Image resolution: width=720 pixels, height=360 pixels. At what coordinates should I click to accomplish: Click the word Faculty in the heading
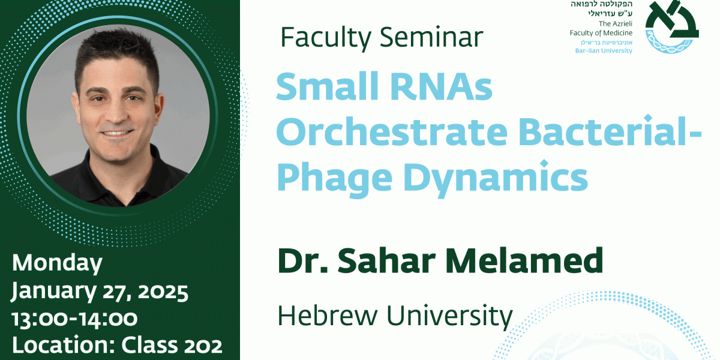tap(326, 38)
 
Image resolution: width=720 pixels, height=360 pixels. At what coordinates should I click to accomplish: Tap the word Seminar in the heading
tap(431, 37)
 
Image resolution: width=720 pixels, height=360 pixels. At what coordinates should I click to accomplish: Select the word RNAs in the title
tap(441, 86)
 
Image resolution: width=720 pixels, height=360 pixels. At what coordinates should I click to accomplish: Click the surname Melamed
tap(524, 260)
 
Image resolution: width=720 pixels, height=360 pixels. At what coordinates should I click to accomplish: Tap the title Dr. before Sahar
tap(302, 260)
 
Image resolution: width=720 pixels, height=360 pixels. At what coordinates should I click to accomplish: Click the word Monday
tap(57, 263)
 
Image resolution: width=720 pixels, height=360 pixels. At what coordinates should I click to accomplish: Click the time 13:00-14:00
tap(74, 319)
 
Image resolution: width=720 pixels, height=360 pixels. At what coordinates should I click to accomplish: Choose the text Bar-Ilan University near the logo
tap(604, 51)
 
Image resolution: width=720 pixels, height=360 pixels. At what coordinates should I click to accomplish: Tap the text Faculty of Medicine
tap(601, 33)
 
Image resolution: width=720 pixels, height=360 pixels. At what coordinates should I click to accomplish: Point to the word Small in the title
tap(327, 86)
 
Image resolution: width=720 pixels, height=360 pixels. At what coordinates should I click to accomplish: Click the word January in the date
tap(53, 291)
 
